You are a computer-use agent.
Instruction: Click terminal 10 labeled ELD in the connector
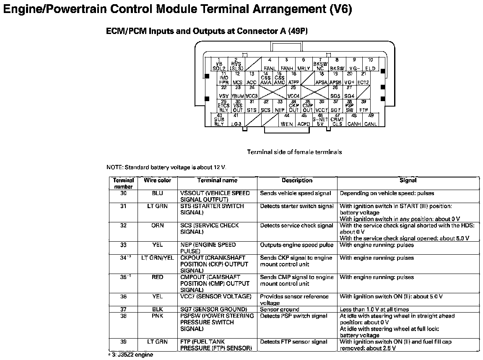click(x=370, y=64)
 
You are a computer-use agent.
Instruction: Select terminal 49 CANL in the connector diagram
click(x=370, y=120)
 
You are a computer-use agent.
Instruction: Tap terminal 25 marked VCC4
click(x=293, y=92)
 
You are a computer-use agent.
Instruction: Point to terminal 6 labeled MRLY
click(x=304, y=64)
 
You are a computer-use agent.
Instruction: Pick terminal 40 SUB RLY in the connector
click(x=219, y=120)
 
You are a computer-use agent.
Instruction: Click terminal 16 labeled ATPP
click(x=293, y=78)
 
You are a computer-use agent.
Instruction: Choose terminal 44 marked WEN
click(x=287, y=120)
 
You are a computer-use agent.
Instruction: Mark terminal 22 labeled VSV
click(x=224, y=92)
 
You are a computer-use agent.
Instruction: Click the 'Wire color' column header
click(x=158, y=180)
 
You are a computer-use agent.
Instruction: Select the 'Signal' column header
click(x=408, y=180)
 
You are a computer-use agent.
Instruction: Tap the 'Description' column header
click(x=297, y=180)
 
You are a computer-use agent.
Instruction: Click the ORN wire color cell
click(x=158, y=225)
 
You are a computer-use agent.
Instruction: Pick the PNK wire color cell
click(x=158, y=316)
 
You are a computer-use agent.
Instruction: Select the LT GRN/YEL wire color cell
click(x=158, y=258)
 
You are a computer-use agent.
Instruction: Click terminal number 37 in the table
click(x=123, y=309)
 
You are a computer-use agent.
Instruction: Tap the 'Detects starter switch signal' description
click(x=297, y=206)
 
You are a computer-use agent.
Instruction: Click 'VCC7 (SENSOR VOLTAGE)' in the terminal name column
click(x=216, y=296)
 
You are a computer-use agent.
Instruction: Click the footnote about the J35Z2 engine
click(x=130, y=355)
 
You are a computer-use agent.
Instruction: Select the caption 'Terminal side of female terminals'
click(x=294, y=152)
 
